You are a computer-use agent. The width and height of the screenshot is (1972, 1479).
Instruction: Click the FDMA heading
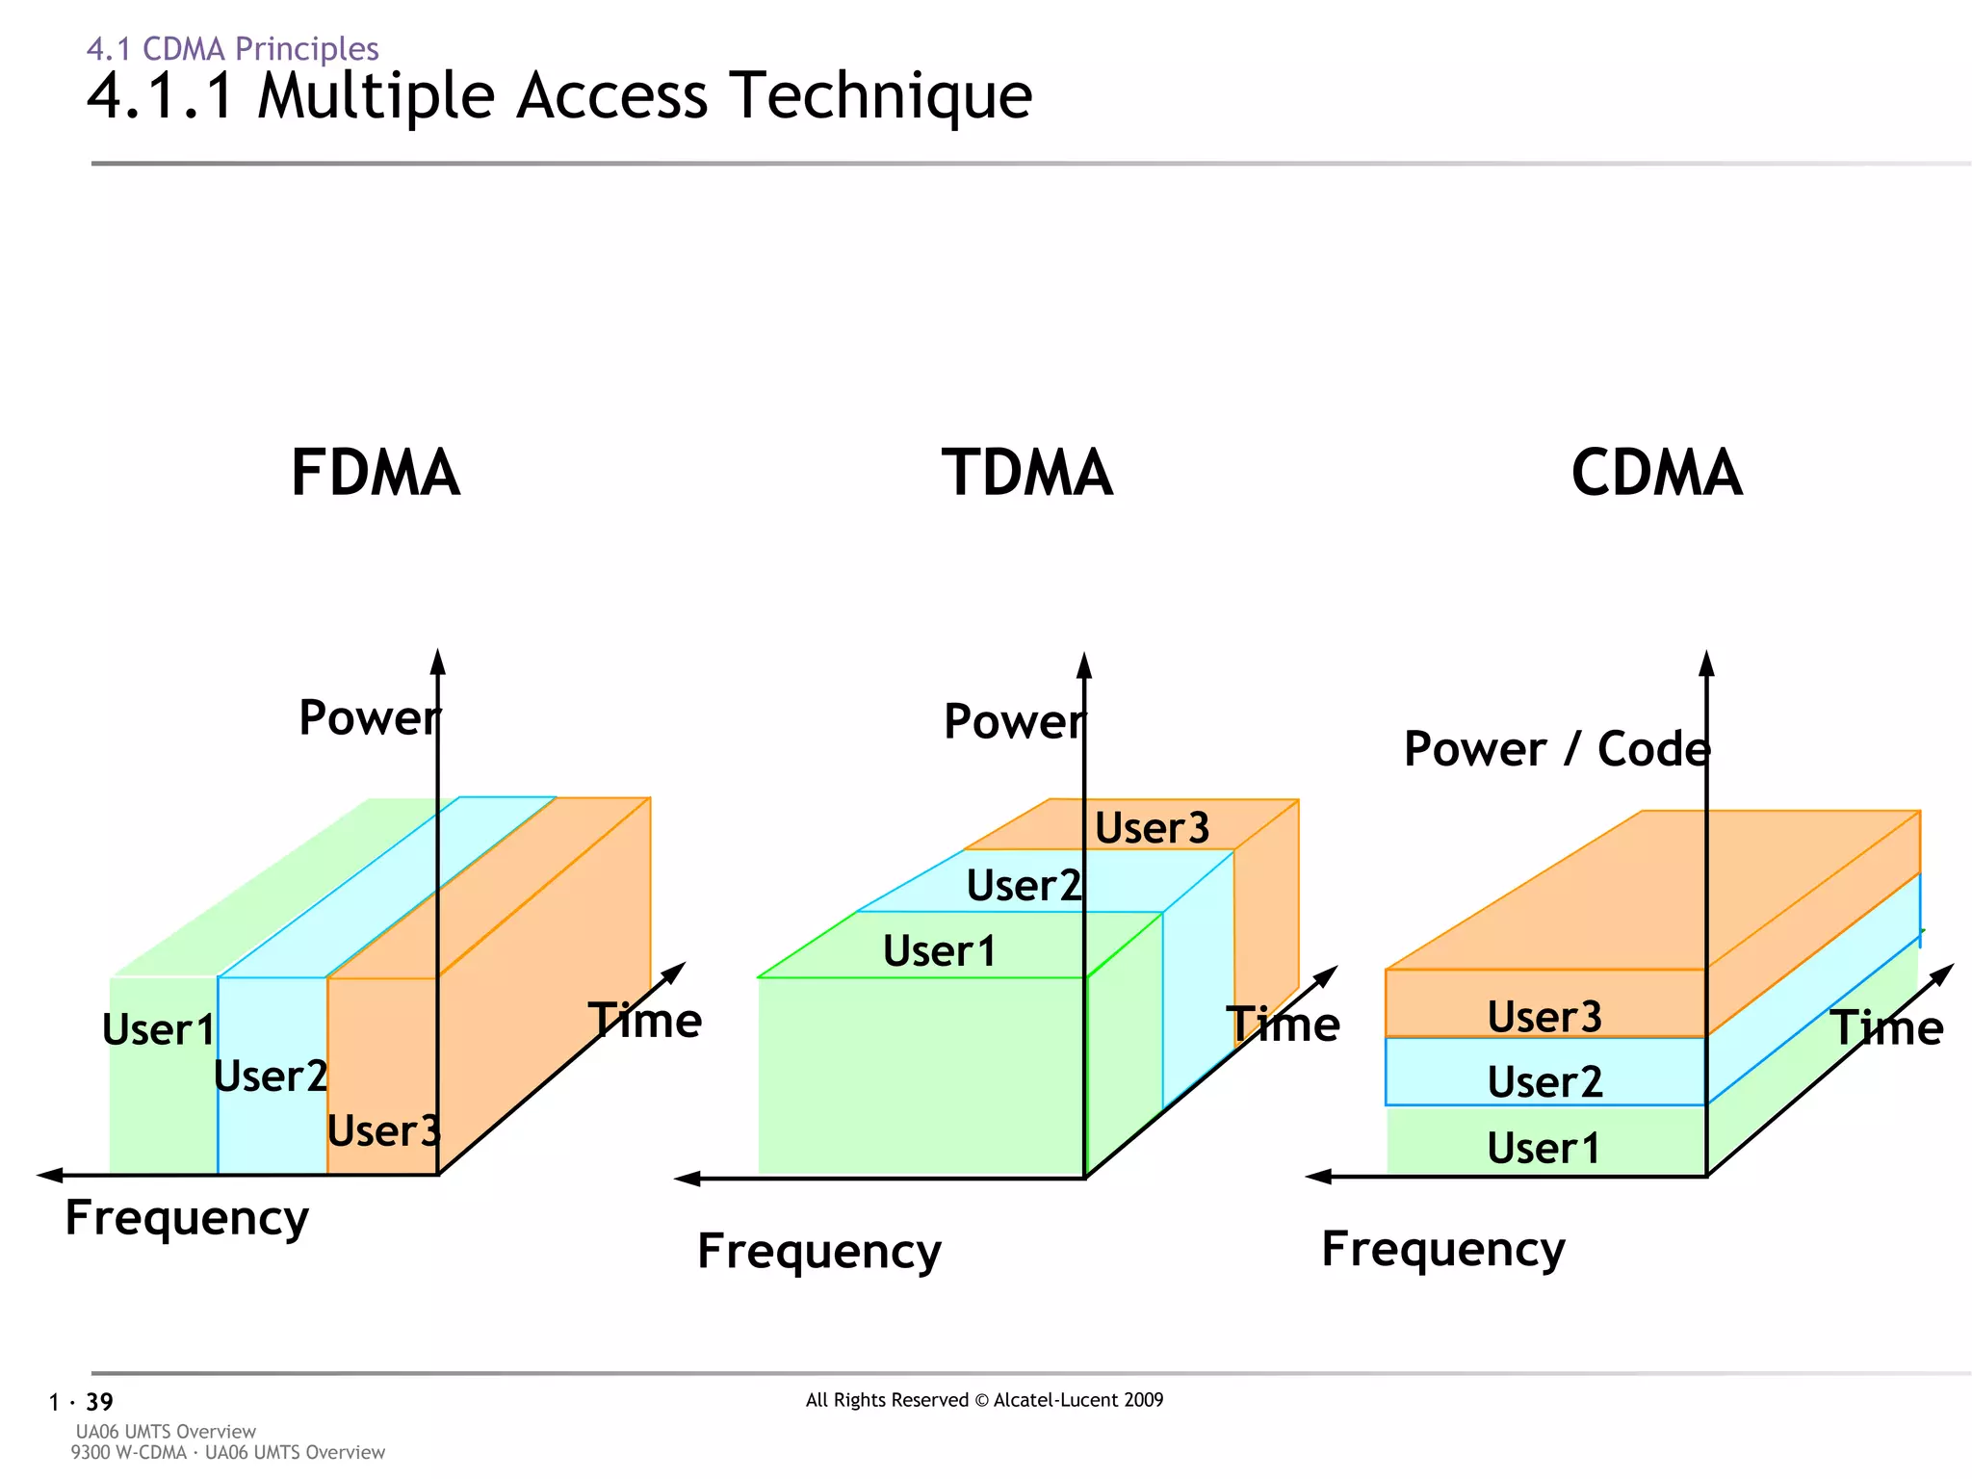click(376, 473)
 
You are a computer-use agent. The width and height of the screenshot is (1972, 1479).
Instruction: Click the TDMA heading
click(1026, 473)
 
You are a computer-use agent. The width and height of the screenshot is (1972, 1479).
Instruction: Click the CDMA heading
click(1656, 473)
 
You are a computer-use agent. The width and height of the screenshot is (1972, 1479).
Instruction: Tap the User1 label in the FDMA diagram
click(159, 1029)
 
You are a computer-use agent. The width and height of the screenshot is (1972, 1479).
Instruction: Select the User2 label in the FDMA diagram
click(271, 1077)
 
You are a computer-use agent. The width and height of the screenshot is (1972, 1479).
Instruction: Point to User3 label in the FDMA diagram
click(383, 1130)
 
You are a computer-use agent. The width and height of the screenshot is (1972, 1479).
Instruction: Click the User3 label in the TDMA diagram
click(1152, 828)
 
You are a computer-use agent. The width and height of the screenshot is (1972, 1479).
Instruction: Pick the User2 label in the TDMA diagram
click(1024, 886)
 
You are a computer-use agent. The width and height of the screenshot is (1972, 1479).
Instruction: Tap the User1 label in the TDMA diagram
click(940, 951)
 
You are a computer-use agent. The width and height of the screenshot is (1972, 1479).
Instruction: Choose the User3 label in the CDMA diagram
click(1544, 1017)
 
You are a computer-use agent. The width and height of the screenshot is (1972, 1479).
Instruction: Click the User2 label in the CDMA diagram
click(1544, 1082)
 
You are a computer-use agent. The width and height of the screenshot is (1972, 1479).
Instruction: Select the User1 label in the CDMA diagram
click(1544, 1148)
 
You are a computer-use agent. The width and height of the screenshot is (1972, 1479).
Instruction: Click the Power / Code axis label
click(1556, 749)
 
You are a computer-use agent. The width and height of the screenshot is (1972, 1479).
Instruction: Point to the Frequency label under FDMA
click(187, 1218)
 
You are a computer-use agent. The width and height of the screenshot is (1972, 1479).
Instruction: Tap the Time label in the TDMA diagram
click(1283, 1024)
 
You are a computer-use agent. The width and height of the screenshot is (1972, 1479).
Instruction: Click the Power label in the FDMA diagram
click(369, 717)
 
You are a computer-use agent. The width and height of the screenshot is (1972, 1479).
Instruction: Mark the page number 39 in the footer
click(99, 1402)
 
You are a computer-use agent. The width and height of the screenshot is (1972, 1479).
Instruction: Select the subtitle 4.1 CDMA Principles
click(232, 48)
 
